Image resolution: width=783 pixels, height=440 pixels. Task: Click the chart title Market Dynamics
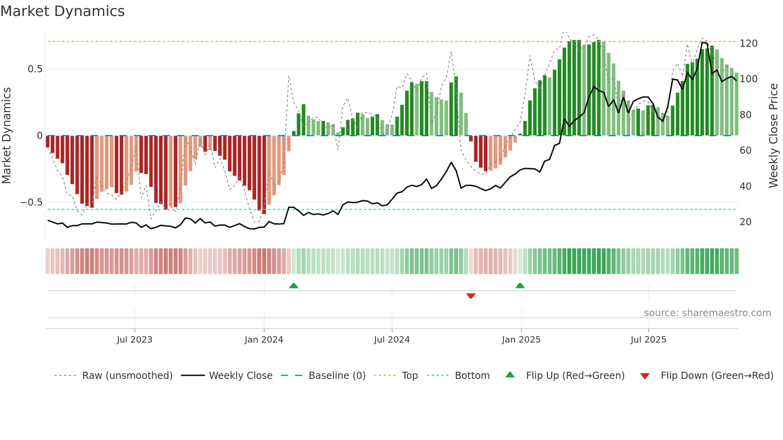(62, 11)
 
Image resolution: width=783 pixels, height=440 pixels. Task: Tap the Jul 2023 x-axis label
(134, 340)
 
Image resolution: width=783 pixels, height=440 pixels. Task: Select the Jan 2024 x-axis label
(264, 340)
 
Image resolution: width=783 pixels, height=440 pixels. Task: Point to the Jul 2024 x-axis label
(391, 340)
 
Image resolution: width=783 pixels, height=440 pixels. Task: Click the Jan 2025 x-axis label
(521, 340)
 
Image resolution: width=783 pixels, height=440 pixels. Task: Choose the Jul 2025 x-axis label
(648, 340)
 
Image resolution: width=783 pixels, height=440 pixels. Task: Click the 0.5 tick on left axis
(35, 69)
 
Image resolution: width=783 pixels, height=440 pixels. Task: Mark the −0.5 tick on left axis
(32, 202)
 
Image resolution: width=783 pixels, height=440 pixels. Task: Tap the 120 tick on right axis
(748, 43)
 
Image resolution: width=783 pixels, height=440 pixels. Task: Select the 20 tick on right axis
(745, 222)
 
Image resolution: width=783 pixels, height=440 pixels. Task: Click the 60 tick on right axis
(745, 151)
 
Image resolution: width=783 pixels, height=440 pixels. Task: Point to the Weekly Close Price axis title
(773, 136)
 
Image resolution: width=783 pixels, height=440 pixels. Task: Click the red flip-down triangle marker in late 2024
(471, 296)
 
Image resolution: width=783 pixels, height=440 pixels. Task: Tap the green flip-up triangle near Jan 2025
(520, 285)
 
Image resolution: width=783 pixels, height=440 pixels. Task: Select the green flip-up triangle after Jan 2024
(294, 285)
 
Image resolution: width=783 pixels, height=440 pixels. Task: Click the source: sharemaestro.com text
(707, 313)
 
